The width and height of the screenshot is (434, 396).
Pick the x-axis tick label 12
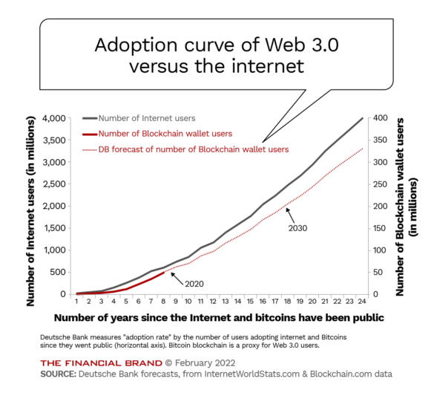212,301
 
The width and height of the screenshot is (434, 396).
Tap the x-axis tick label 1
76,301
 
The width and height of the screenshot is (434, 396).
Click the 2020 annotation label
194,283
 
